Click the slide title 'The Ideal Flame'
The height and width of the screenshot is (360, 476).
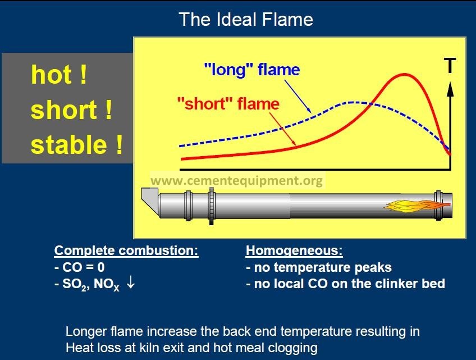tap(246, 20)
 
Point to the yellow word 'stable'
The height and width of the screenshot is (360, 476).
tap(68, 144)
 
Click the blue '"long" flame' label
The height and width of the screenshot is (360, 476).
tap(252, 70)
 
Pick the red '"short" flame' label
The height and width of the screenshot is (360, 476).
tap(228, 103)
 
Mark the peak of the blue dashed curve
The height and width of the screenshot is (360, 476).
tap(352, 102)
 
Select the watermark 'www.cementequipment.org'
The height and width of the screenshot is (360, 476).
tap(236, 180)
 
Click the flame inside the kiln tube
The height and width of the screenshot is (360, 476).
tap(417, 206)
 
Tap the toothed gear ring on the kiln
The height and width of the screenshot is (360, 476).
tap(212, 206)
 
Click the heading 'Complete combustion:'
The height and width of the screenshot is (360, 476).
tap(126, 250)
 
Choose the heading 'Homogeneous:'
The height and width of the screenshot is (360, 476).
tap(294, 250)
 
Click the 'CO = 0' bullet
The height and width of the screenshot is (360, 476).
tap(80, 267)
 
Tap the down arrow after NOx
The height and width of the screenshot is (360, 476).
tap(131, 283)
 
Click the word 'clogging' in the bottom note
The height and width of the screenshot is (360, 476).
tap(292, 348)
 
